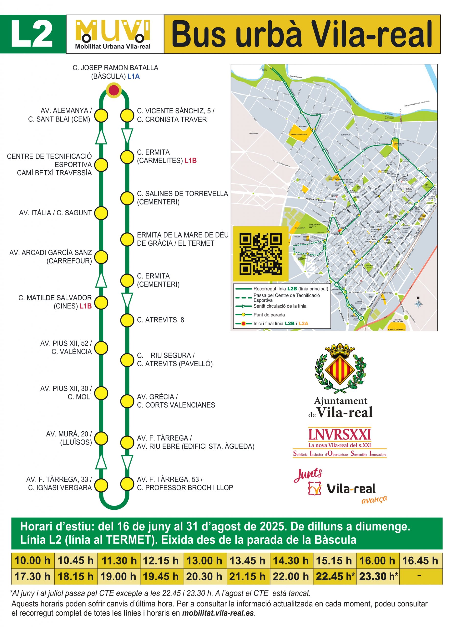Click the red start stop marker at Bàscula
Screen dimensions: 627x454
[x=114, y=90]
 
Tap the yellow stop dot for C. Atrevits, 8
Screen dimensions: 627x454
[x=127, y=320]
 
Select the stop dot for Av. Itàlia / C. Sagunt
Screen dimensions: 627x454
[x=101, y=213]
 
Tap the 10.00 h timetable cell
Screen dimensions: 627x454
[x=33, y=561]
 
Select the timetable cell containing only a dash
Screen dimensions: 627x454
[x=420, y=576]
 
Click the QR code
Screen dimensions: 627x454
[x=260, y=253]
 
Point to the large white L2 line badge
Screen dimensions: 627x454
[x=32, y=34]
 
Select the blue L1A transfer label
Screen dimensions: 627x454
[x=134, y=77]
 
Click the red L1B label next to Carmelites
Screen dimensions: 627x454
[x=191, y=161]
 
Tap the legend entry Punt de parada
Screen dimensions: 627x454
[x=269, y=315]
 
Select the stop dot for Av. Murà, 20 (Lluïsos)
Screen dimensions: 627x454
[x=101, y=438]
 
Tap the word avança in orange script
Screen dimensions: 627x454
[x=374, y=499]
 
